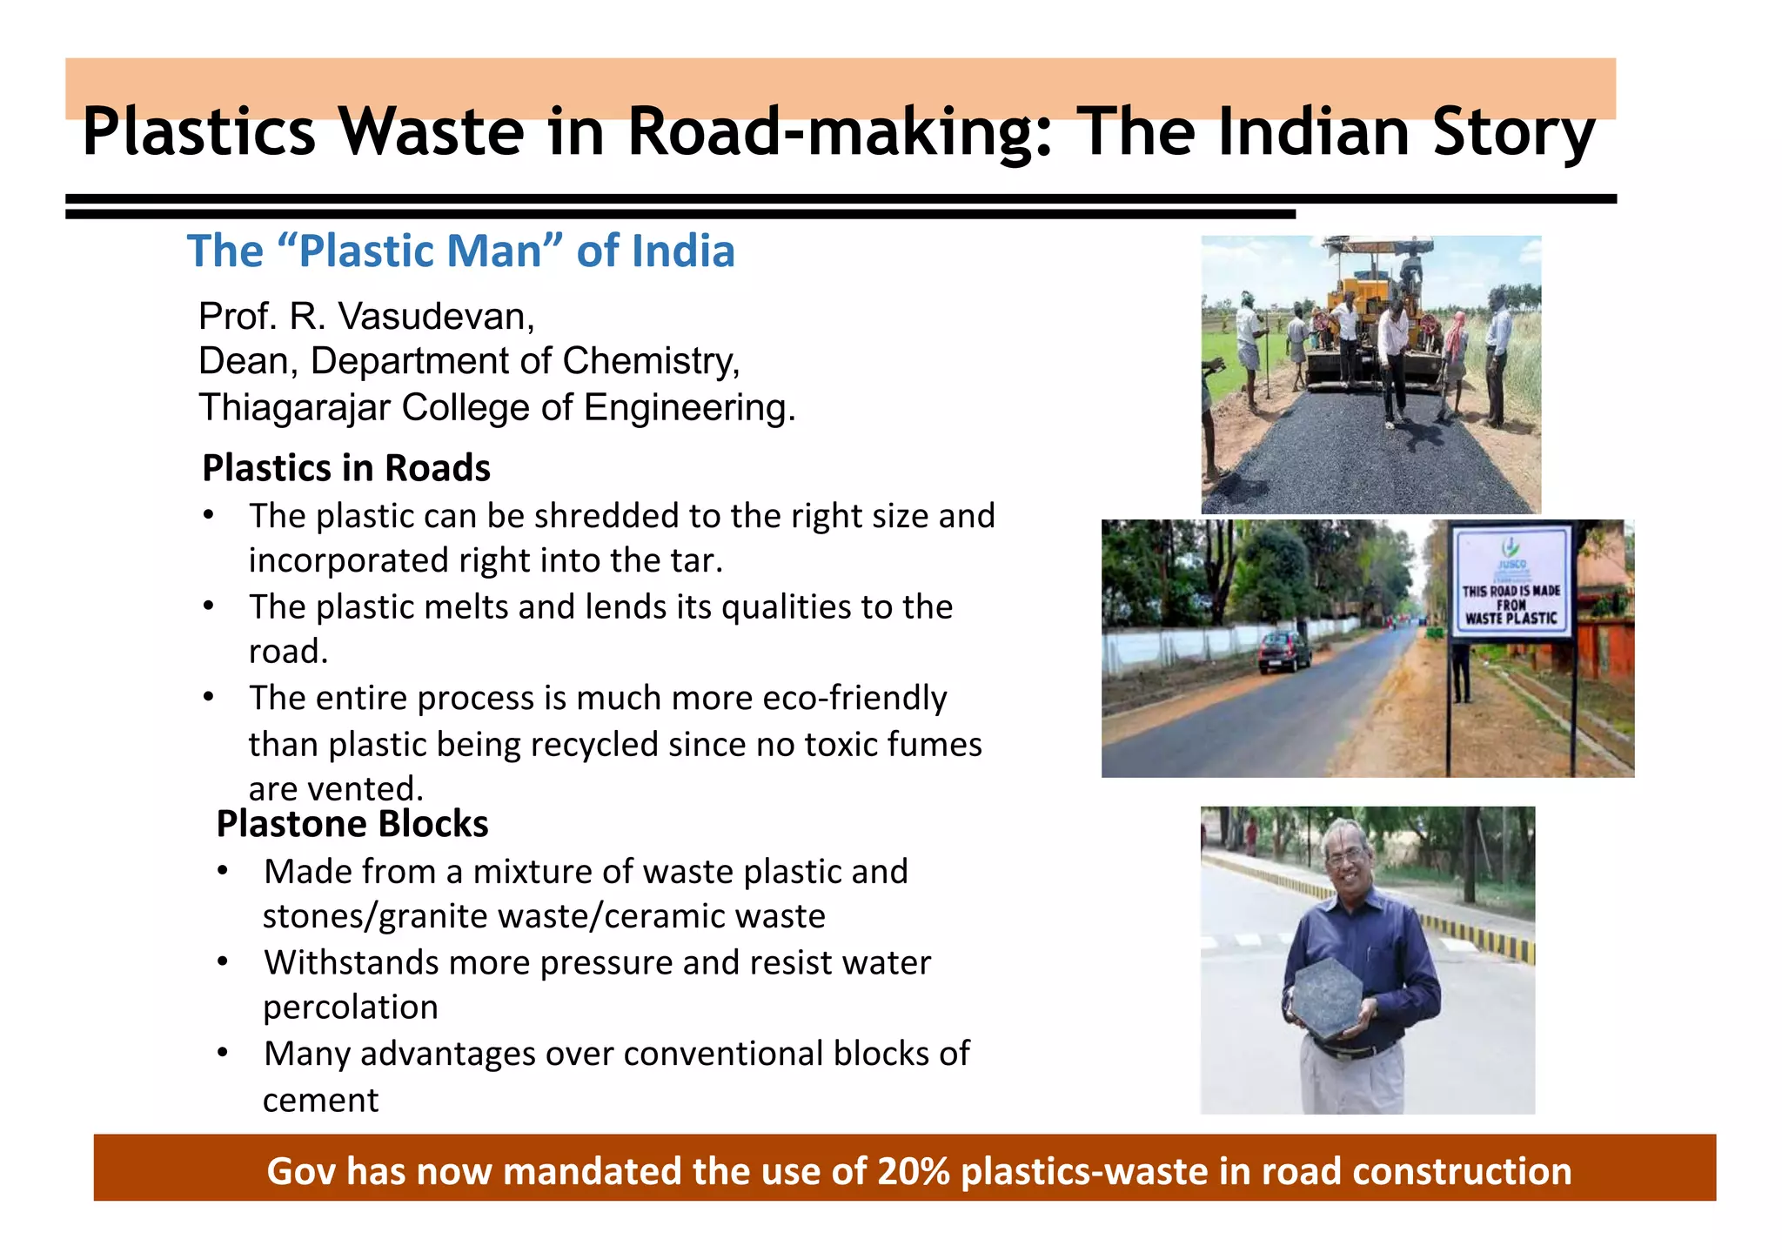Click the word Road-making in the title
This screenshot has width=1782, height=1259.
click(840, 132)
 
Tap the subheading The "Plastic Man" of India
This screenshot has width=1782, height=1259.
click(461, 251)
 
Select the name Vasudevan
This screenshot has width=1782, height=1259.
click(435, 317)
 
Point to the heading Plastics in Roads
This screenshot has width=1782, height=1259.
click(346, 468)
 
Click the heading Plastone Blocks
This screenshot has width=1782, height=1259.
click(352, 824)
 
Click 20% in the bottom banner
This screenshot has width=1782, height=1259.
click(914, 1171)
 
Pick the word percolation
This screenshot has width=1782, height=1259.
click(351, 1008)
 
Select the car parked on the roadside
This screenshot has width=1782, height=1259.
click(1284, 652)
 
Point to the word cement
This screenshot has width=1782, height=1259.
click(320, 1101)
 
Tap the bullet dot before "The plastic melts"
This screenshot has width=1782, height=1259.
click(209, 606)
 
